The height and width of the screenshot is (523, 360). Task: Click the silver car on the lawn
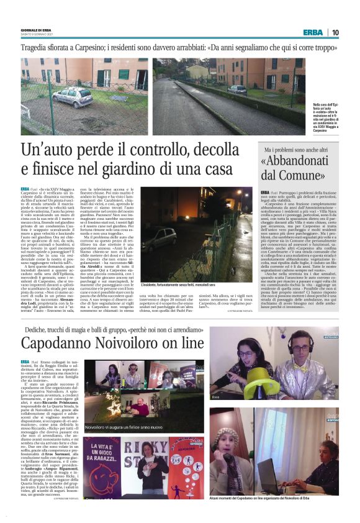click(72, 96)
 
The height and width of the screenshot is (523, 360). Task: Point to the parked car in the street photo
click(237, 89)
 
